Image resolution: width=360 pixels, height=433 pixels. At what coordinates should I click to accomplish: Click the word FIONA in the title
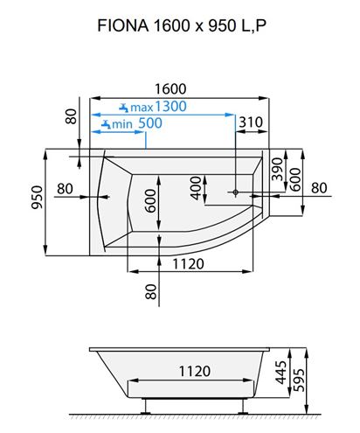pyautogui.click(x=123, y=25)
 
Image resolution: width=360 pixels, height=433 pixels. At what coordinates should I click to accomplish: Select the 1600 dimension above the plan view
pyautogui.click(x=170, y=89)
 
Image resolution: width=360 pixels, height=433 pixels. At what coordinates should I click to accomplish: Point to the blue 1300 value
pyautogui.click(x=170, y=106)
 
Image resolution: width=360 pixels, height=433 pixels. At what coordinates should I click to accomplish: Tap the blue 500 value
pyautogui.click(x=150, y=123)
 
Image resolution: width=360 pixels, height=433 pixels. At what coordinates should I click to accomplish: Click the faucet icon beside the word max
pyautogui.click(x=124, y=108)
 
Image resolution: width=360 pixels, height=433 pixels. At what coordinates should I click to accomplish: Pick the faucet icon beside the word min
pyautogui.click(x=106, y=124)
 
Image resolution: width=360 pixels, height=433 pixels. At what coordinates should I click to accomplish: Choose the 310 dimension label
pyautogui.click(x=251, y=122)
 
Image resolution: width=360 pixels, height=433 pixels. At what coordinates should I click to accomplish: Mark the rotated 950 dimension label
pyautogui.click(x=37, y=197)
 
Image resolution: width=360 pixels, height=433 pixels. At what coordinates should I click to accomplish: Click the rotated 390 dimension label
pyautogui.click(x=277, y=169)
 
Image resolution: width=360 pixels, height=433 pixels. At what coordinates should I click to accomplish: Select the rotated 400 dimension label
pyautogui.click(x=196, y=188)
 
